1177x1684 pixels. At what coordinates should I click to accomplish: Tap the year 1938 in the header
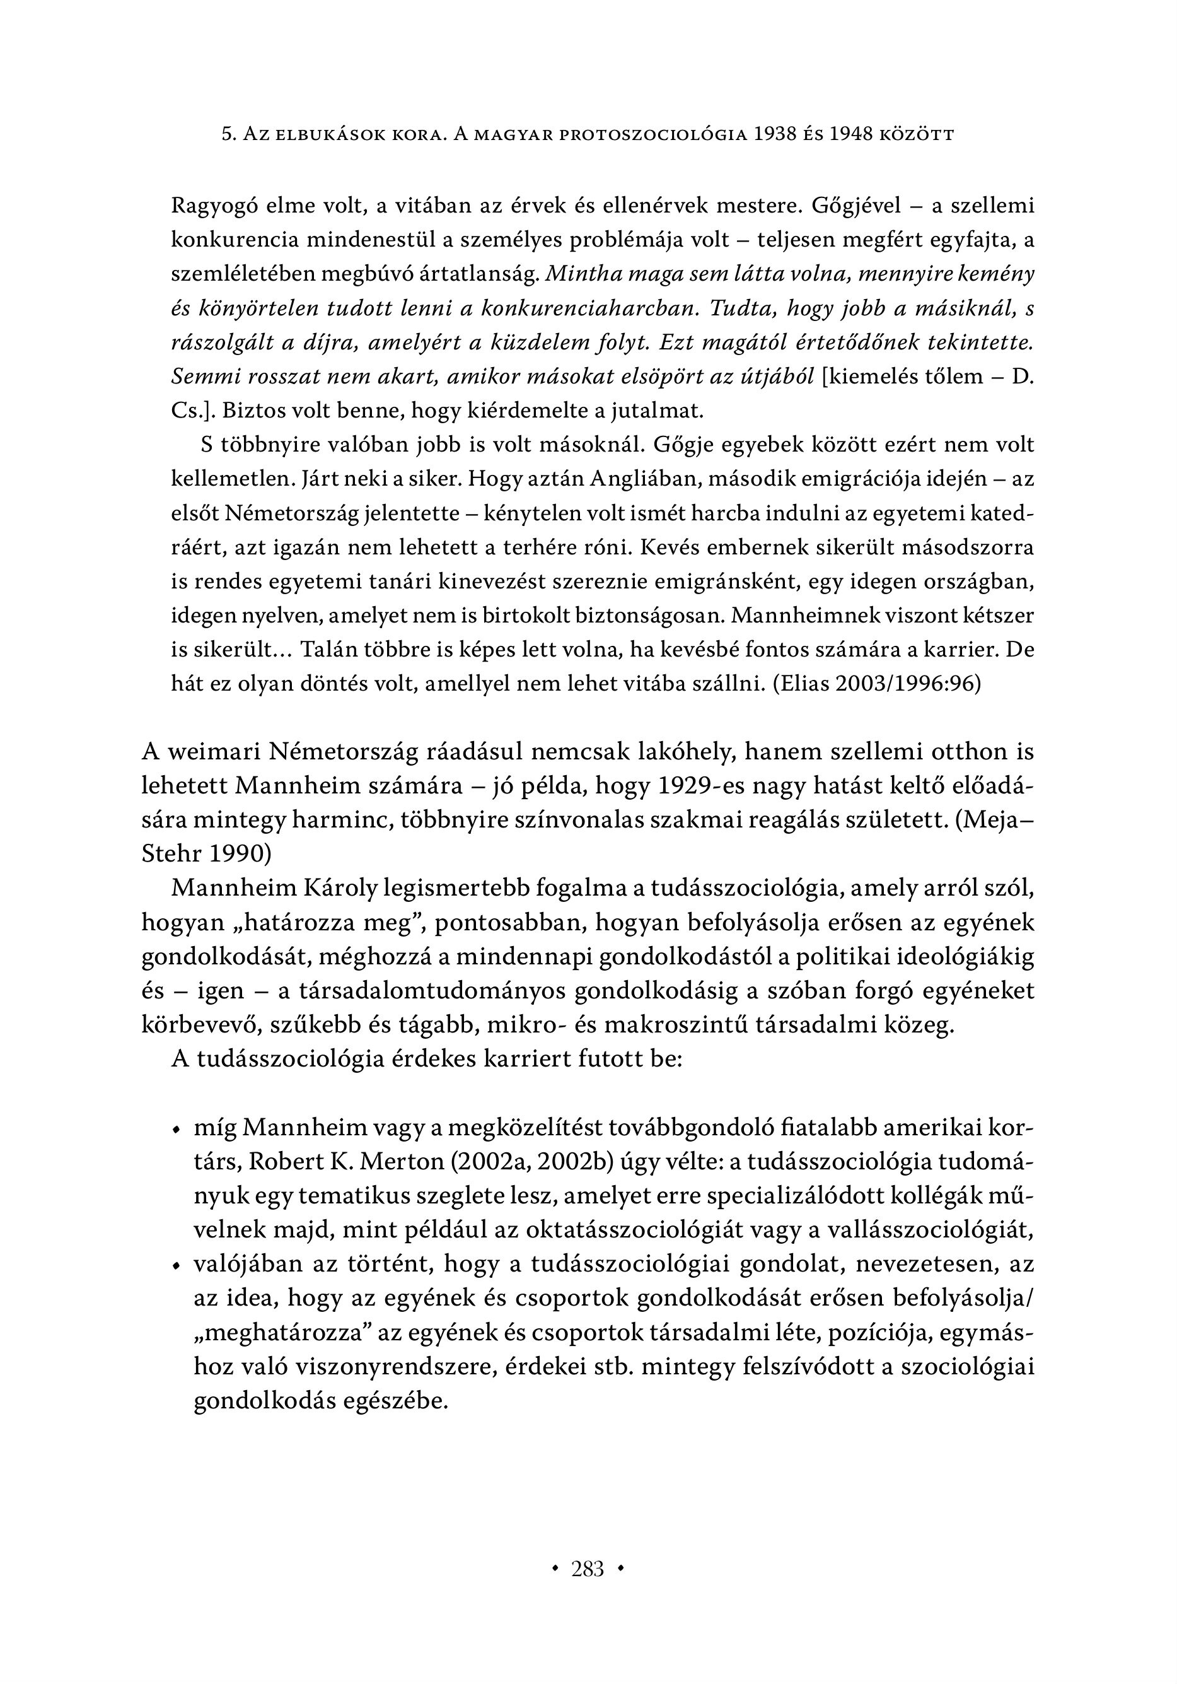click(782, 135)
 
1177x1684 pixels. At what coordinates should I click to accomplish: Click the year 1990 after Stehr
click(237, 854)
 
